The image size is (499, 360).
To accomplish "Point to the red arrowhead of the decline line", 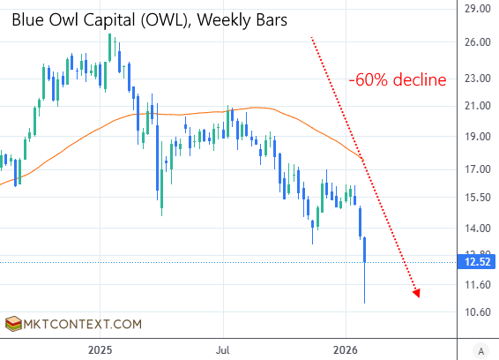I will (416, 294).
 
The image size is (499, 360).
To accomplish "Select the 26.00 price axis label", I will (477, 42).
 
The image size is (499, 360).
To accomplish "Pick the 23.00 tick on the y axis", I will (477, 79).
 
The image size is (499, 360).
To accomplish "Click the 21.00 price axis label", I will (477, 106).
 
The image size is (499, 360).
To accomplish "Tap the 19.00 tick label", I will (477, 137).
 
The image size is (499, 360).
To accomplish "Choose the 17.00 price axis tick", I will (477, 169).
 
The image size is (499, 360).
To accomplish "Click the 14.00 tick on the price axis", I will (477, 228).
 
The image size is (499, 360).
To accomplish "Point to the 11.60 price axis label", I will (477, 284).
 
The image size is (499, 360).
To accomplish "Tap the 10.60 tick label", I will (477, 312).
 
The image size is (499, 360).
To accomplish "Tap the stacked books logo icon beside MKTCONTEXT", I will (12, 324).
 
